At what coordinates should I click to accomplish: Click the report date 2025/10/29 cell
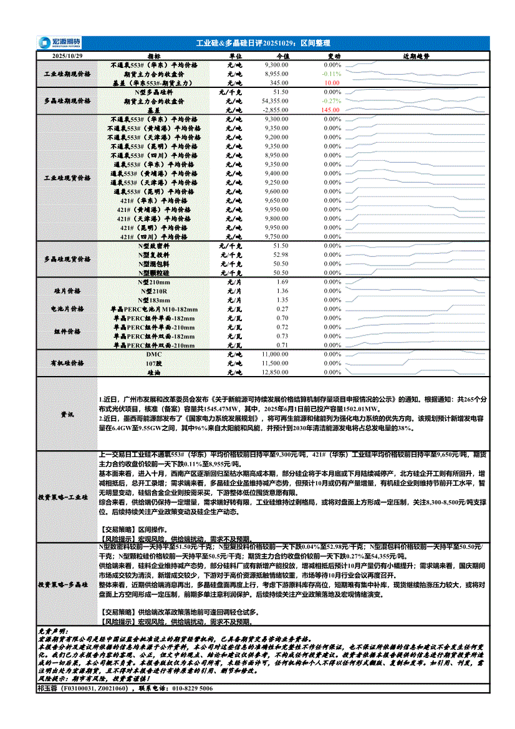tap(67, 56)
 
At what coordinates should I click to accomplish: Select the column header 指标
tap(154, 56)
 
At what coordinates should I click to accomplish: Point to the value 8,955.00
tap(276, 74)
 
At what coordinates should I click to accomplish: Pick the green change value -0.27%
tap(332, 100)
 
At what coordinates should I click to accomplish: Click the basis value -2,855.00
tap(275, 109)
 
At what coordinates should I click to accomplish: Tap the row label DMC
tap(153, 354)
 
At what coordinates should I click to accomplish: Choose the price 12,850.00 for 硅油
tap(275, 372)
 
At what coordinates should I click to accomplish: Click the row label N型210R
tap(153, 291)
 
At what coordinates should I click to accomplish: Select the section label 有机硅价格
tap(67, 363)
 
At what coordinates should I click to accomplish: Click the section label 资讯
tap(67, 414)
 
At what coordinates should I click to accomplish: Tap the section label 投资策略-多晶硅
tap(67, 586)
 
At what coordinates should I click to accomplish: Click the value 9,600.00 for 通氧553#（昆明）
tap(276, 191)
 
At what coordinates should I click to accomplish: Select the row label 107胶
tap(153, 363)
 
